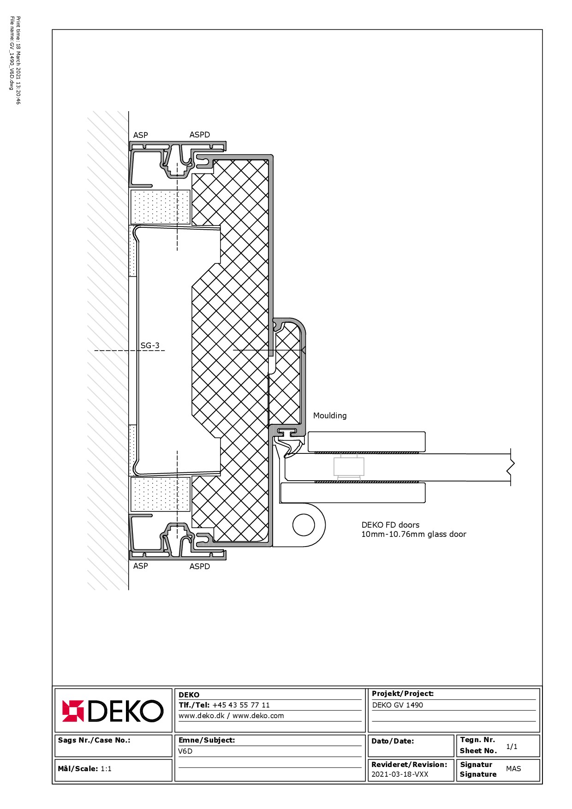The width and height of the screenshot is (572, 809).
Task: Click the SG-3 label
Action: coord(150,345)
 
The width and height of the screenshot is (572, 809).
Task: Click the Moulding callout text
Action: coord(330,416)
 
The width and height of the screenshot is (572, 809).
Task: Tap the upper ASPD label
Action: coord(200,135)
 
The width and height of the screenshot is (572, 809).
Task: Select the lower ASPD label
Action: coord(200,566)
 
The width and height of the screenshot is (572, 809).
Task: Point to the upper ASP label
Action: coord(141,135)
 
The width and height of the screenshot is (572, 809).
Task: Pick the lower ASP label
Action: coord(141,566)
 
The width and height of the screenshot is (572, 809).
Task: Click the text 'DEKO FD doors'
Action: coord(390,525)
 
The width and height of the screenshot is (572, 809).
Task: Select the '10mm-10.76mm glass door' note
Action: coord(414,535)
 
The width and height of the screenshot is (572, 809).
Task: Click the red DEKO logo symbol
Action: coord(73,711)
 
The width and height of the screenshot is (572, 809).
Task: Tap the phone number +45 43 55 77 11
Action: coord(241,705)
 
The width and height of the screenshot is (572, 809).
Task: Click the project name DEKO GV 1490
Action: coord(398,705)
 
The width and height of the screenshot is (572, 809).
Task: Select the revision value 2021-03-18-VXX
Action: coord(400,774)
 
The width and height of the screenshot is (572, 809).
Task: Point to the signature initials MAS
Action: coord(513,769)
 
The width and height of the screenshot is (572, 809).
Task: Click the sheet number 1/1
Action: coord(512,747)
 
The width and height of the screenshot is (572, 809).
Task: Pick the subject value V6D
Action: coord(185,751)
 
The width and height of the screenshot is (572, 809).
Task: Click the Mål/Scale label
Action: coord(78,769)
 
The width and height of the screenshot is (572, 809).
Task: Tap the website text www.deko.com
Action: coord(258,716)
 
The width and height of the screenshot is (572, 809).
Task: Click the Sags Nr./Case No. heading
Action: coord(94,740)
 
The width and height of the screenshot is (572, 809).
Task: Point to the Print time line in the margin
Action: coord(18,60)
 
